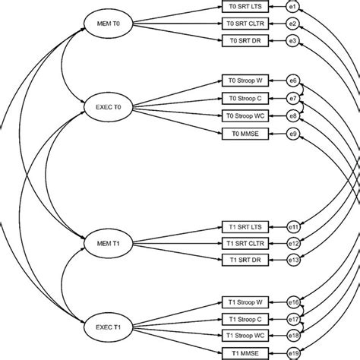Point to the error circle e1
point(293,7)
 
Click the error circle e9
point(293,134)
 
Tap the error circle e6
point(293,80)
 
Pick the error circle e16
point(293,302)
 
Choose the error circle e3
point(293,40)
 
